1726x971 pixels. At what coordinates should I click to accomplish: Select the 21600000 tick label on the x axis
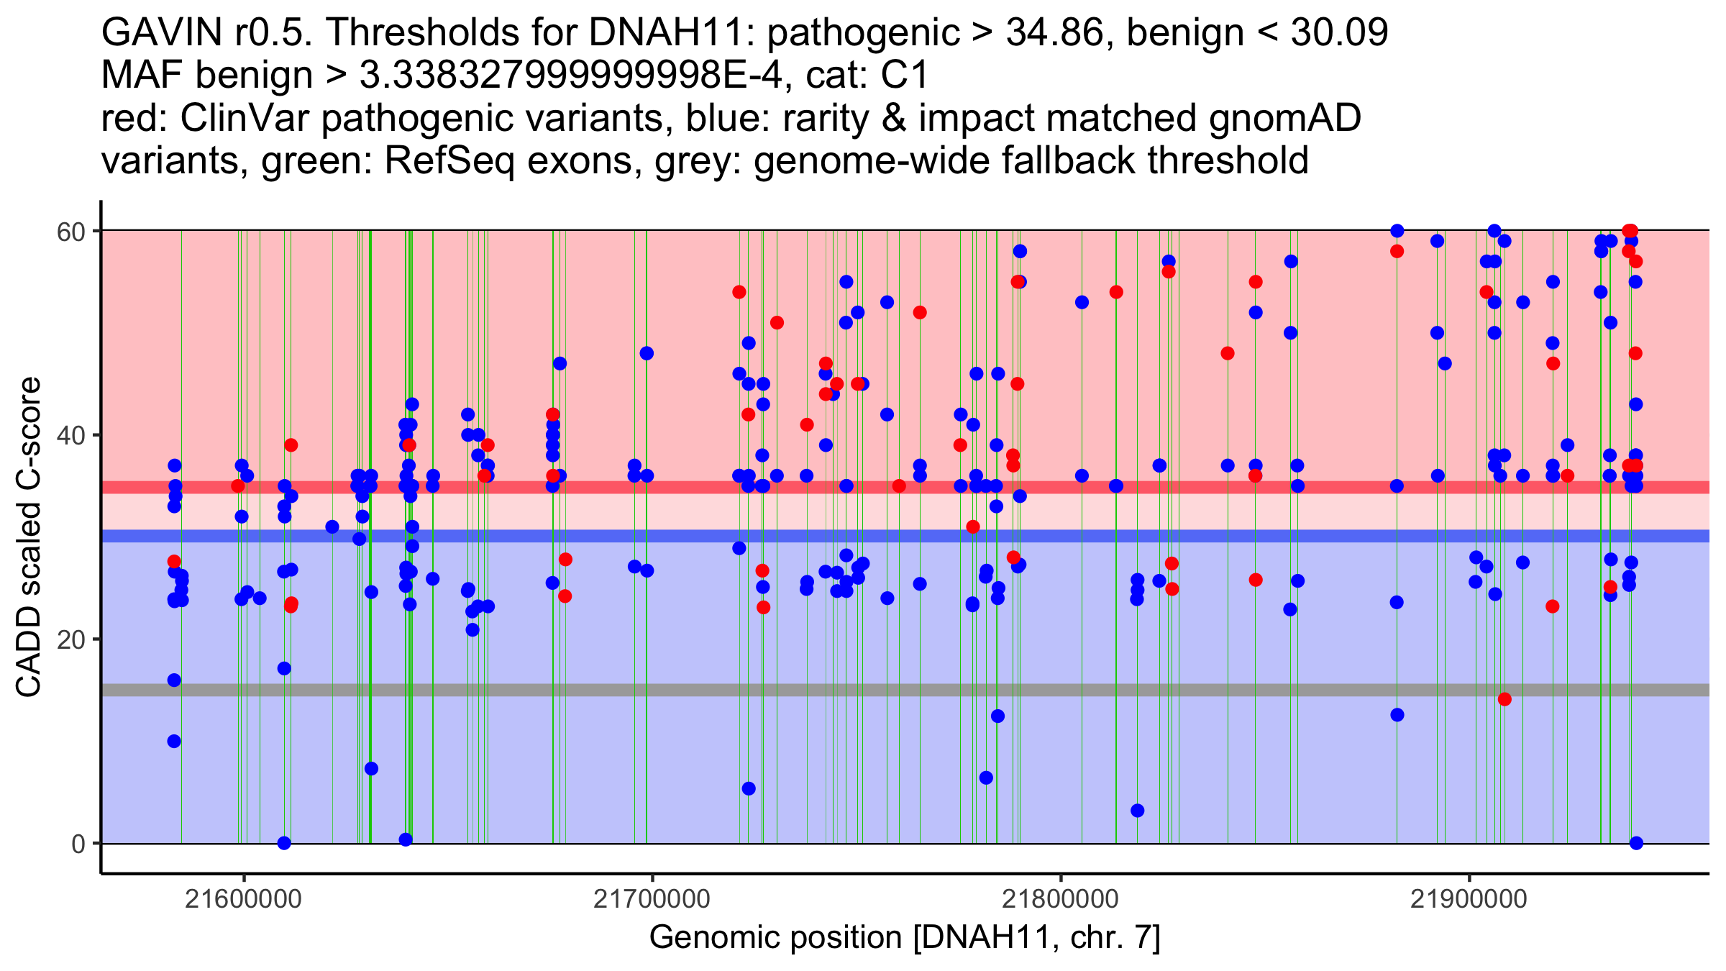click(244, 899)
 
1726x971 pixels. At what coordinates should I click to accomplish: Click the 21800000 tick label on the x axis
click(1061, 899)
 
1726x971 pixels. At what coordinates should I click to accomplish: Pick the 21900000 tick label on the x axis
click(1469, 899)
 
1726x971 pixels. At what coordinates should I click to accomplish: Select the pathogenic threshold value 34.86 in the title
click(1054, 33)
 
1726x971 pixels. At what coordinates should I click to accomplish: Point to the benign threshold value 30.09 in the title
click(1339, 33)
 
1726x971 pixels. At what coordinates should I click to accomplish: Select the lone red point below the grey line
click(1504, 699)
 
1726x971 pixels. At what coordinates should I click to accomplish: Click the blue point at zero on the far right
click(1636, 843)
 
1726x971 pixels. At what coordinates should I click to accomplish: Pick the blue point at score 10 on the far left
click(174, 742)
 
